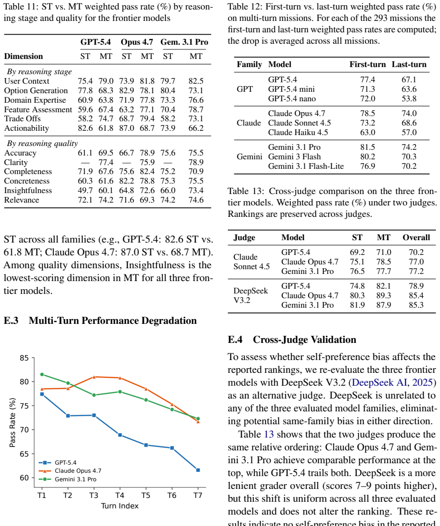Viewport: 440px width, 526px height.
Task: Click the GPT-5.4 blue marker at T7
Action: (x=198, y=470)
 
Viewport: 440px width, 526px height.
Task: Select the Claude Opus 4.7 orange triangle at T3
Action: (x=94, y=377)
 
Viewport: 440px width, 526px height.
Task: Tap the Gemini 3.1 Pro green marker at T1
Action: (x=42, y=374)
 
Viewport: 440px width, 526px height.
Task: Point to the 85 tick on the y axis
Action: (x=24, y=358)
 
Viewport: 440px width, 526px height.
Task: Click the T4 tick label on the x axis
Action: (x=120, y=496)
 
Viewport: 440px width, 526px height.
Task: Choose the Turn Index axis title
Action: (x=120, y=506)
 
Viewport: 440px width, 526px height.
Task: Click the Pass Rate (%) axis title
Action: (x=12, y=422)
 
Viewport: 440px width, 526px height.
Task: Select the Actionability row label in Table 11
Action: (x=27, y=128)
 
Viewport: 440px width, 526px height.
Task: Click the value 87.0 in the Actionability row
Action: (x=127, y=128)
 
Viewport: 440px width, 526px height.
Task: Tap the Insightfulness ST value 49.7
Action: (x=85, y=191)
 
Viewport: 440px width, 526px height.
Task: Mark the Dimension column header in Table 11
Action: (x=23, y=56)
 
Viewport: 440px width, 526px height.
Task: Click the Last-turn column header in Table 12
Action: (x=409, y=64)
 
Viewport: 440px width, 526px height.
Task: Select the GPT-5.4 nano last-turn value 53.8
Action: (x=409, y=98)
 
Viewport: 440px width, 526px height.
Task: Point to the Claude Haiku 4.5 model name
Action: (x=298, y=133)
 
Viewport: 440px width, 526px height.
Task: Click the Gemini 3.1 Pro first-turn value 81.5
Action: (x=368, y=147)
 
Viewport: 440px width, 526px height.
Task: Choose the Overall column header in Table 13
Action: (x=416, y=237)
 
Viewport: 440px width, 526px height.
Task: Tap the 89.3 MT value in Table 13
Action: (x=384, y=295)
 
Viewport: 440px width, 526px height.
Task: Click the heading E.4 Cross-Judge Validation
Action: (x=292, y=340)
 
